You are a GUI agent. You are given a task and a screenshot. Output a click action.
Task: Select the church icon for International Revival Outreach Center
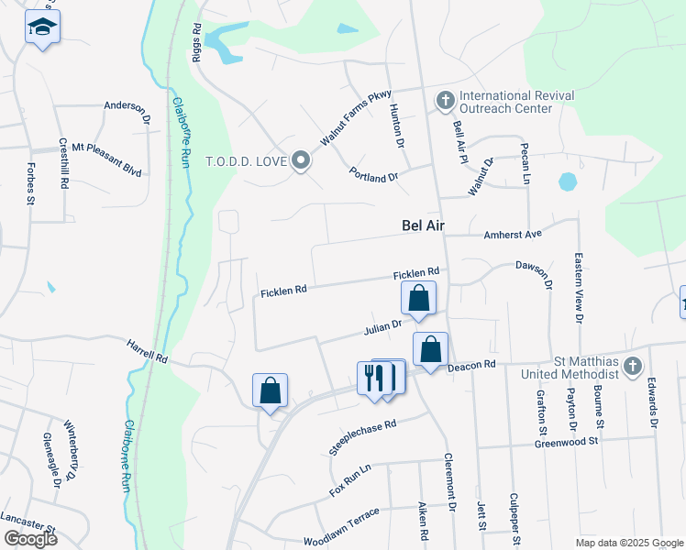click(445, 99)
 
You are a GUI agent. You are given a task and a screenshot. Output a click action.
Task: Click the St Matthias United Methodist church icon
click(632, 367)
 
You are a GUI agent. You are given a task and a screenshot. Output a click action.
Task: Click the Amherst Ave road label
click(514, 235)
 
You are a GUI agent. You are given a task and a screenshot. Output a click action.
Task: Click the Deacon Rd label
click(472, 365)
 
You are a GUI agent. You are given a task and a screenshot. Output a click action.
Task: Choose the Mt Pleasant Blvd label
click(106, 147)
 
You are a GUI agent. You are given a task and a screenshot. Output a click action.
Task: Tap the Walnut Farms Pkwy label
click(356, 117)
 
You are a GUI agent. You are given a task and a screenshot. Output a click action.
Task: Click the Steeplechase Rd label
click(363, 438)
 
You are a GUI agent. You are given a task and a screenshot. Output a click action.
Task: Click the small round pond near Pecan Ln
click(568, 181)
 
